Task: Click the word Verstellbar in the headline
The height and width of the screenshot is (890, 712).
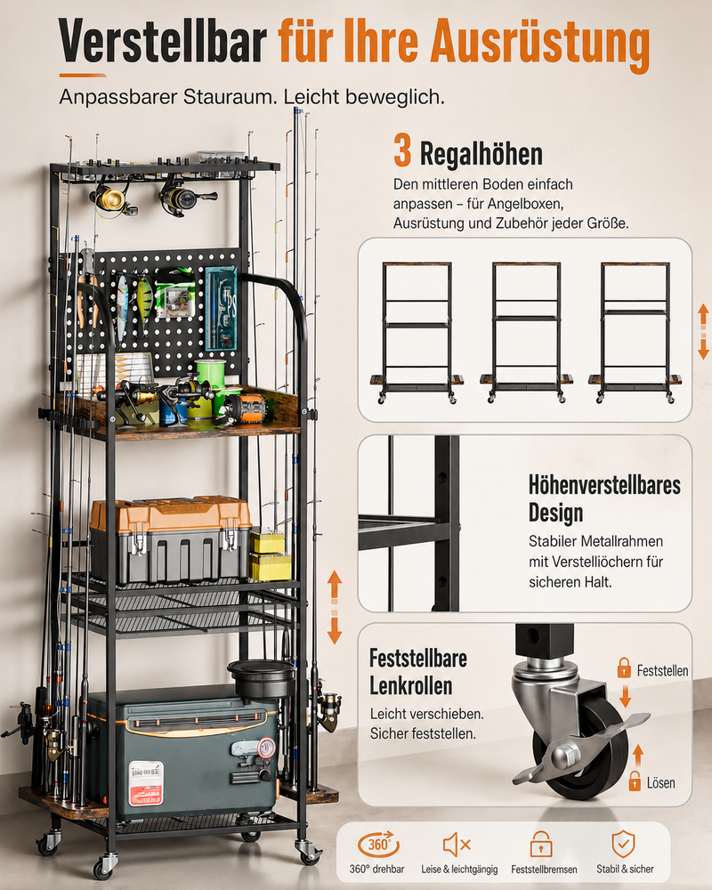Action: click(x=162, y=41)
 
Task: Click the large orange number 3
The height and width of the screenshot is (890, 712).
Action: click(x=402, y=151)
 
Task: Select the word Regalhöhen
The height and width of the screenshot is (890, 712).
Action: click(x=481, y=154)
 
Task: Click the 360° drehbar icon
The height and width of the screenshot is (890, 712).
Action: click(x=377, y=845)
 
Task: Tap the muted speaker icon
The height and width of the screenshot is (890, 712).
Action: click(x=457, y=845)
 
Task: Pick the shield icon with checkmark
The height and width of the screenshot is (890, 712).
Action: click(x=623, y=844)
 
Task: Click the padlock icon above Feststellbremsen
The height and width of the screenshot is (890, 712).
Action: click(x=541, y=844)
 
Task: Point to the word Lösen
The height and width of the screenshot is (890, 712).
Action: click(x=661, y=783)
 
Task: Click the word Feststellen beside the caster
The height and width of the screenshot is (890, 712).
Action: click(x=662, y=671)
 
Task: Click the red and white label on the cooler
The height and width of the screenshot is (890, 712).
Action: click(x=146, y=783)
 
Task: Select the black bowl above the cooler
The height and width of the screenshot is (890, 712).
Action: click(x=262, y=677)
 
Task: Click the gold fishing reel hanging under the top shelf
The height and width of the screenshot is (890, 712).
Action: click(x=112, y=199)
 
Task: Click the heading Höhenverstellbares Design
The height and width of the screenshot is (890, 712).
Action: click(x=604, y=498)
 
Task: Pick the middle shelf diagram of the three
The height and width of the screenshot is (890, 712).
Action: click(x=526, y=333)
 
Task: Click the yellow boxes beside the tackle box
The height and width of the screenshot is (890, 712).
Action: click(x=271, y=555)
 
